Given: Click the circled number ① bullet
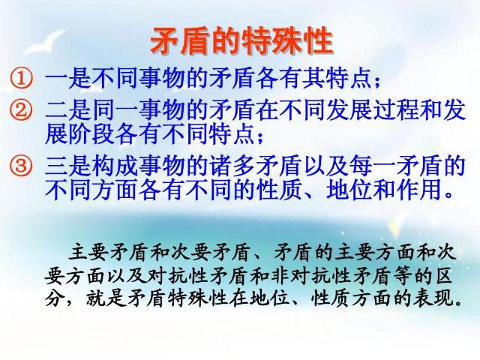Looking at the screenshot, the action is click(x=21, y=79).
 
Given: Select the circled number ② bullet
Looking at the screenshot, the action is click(x=21, y=110).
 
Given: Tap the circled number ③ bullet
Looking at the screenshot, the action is click(x=21, y=166).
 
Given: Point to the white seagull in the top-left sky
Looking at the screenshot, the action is click(x=45, y=40).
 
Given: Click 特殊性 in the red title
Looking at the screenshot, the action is click(x=287, y=40).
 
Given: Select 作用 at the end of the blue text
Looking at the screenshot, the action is click(x=419, y=190).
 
